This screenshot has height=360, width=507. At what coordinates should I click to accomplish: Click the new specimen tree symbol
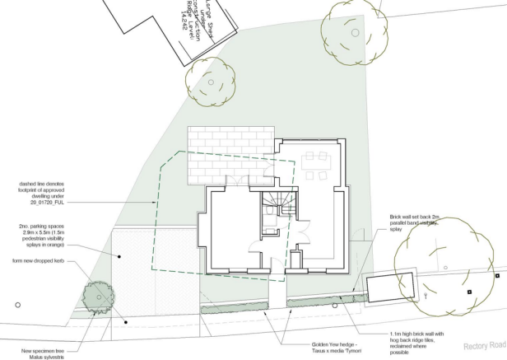(95, 294)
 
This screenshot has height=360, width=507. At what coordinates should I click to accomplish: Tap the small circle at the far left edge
(17, 305)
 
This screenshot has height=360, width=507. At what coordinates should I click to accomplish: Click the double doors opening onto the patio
(240, 183)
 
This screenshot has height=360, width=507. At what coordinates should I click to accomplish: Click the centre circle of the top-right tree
(355, 32)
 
